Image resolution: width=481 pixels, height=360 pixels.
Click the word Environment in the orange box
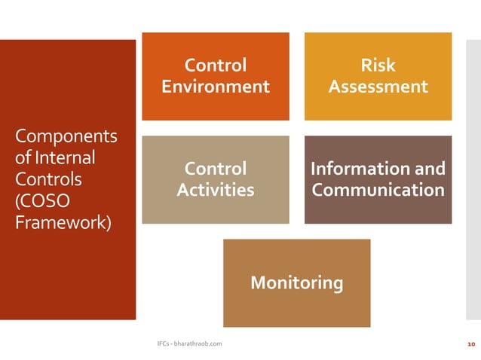pyautogui.click(x=216, y=87)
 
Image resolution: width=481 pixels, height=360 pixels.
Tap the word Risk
pyautogui.click(x=378, y=66)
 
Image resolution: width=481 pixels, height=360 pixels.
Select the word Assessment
pyautogui.click(x=378, y=87)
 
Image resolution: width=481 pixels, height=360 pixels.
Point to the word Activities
pyautogui.click(x=216, y=191)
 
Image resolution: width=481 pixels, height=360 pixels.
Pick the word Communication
pyautogui.click(x=378, y=191)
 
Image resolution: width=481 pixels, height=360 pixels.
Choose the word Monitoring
pyautogui.click(x=296, y=283)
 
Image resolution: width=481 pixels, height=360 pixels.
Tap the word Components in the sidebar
pyautogui.click(x=66, y=137)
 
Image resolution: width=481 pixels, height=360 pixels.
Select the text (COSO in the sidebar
pyautogui.click(x=42, y=203)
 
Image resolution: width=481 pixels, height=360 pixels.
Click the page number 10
pyautogui.click(x=471, y=344)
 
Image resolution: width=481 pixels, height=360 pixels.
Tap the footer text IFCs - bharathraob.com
pyautogui.click(x=188, y=344)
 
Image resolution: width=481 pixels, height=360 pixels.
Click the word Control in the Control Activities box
pyautogui.click(x=216, y=169)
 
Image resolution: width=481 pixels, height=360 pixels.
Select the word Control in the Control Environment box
pyautogui.click(x=216, y=66)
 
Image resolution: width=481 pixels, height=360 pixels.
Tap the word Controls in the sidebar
pyautogui.click(x=49, y=181)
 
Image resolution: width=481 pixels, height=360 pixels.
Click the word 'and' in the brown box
pyautogui.click(x=430, y=169)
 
